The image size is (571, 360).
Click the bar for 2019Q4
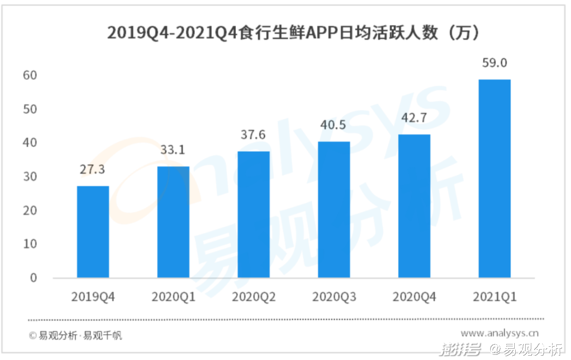93,231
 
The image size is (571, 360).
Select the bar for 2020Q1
173,222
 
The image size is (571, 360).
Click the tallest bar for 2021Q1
494,178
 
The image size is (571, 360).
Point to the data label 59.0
494,63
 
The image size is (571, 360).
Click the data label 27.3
93,170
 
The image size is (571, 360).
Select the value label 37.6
253,135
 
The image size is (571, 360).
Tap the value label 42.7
414,118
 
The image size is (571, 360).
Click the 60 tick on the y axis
30,75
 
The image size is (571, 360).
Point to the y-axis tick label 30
30,176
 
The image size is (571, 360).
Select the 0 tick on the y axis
33,278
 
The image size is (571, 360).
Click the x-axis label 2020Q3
334,297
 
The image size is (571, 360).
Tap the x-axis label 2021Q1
494,297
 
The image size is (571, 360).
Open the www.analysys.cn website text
500,333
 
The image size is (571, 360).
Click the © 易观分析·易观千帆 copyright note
75,336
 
